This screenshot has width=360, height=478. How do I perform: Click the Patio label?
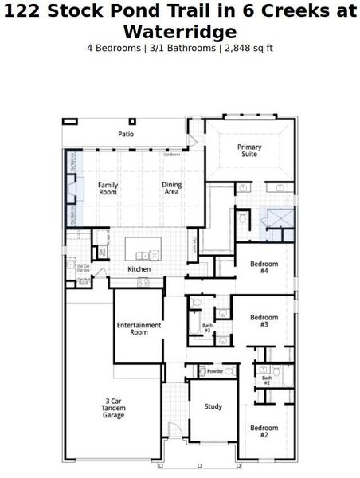126,134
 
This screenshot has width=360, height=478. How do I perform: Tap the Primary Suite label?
248,151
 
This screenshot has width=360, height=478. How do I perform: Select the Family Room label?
108,189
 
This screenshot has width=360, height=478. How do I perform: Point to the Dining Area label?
171,189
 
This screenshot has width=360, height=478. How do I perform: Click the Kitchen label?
139,269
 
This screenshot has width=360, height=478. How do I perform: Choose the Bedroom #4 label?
264,267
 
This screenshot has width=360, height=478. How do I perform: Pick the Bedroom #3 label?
264,321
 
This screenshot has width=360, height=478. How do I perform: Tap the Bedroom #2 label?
264,432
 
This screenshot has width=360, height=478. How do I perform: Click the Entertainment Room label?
139,328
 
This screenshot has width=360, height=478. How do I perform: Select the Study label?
213,407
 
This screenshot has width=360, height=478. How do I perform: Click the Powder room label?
214,371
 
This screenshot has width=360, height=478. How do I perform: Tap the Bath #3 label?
207,327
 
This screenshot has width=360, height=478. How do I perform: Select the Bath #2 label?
267,381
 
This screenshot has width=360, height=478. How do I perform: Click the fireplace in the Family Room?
72,189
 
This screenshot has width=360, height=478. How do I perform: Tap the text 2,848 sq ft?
246,48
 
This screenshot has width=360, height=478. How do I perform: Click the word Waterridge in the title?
180,31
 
